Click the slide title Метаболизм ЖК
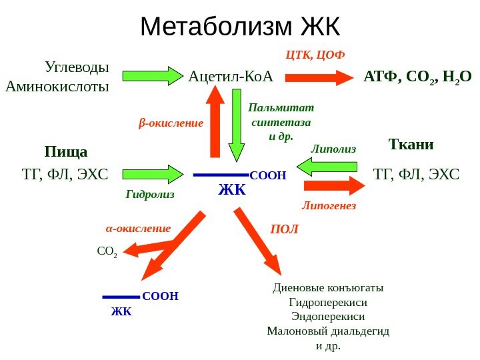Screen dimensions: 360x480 [x=240, y=27]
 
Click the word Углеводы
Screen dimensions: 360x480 [x=77, y=67]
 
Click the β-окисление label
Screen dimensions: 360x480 [x=171, y=123]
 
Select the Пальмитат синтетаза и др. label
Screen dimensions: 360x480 [x=281, y=122]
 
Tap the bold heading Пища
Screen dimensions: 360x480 [x=66, y=151]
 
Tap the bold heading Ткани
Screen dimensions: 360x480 [x=411, y=145]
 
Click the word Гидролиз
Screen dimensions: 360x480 [x=149, y=195]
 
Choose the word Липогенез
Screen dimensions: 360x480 [x=329, y=206]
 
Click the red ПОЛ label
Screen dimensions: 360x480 [x=285, y=229]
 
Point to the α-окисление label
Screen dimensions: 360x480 [x=139, y=228]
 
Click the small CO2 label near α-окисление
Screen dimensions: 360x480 [x=107, y=252]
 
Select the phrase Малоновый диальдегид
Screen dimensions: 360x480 [x=327, y=331]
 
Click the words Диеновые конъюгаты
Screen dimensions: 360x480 [x=328, y=288]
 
